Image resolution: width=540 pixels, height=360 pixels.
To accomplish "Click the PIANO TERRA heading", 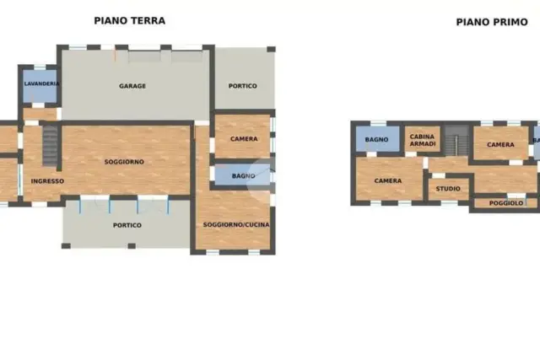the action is click(x=129, y=20).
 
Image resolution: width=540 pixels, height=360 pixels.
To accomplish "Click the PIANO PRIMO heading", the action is click(x=492, y=22).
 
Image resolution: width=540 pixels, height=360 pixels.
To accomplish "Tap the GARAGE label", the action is click(x=132, y=86).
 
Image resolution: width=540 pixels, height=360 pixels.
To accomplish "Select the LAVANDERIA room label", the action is click(x=41, y=83).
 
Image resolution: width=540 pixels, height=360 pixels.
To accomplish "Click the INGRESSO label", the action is click(x=47, y=181).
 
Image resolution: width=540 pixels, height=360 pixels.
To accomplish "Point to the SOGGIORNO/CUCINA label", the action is click(x=236, y=225).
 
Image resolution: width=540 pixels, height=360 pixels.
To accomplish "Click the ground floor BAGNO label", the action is click(x=244, y=176).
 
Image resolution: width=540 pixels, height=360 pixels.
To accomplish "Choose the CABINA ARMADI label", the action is click(x=422, y=140).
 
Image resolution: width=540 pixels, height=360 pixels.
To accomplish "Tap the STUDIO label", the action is click(x=448, y=189).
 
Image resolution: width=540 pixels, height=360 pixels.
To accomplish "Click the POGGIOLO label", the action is click(x=506, y=203).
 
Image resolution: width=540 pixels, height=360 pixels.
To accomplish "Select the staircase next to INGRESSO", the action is click(x=51, y=146).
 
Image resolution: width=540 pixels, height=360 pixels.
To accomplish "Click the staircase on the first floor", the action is click(x=456, y=141).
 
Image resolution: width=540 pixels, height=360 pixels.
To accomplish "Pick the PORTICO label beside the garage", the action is click(x=242, y=86).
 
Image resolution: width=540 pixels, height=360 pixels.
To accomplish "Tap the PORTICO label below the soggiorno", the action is click(x=127, y=225).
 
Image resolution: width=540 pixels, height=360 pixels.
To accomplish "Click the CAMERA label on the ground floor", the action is click(x=244, y=139).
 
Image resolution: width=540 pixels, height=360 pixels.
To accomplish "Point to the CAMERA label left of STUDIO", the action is click(x=388, y=180).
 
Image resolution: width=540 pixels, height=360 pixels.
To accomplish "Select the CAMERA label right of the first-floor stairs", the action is click(x=500, y=144).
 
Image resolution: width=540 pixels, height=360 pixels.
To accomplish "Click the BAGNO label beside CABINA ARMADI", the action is click(x=376, y=139).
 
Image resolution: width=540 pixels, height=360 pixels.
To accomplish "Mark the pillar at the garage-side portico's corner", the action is click(x=271, y=49).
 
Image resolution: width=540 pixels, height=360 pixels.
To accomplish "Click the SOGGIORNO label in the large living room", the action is click(x=124, y=162).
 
